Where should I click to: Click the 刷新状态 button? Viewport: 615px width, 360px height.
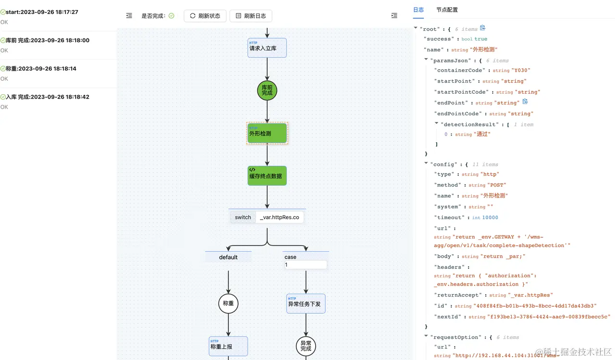[x=205, y=16]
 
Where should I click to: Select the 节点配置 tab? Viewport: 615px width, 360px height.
[x=447, y=10]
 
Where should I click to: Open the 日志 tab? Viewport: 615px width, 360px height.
[x=418, y=10]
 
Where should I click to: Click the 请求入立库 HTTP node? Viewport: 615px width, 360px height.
[x=267, y=48]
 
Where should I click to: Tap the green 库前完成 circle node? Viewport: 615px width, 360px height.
[x=267, y=90]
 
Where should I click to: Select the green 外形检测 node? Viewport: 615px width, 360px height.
[x=267, y=133]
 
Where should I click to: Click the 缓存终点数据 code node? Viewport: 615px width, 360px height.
[x=267, y=176]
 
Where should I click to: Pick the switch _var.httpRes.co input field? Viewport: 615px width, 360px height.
[x=280, y=217]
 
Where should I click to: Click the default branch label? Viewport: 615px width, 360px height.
[x=228, y=257]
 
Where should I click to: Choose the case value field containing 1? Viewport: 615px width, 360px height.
[x=306, y=265]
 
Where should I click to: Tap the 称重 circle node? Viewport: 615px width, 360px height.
[x=228, y=304]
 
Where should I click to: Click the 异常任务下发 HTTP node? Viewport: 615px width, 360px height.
[x=306, y=304]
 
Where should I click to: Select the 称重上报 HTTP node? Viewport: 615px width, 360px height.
[x=228, y=346]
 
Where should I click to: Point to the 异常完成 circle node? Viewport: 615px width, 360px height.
[x=306, y=346]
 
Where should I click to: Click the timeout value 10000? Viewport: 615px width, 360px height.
[x=490, y=218]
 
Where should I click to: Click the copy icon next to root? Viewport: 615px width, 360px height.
[x=483, y=28]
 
